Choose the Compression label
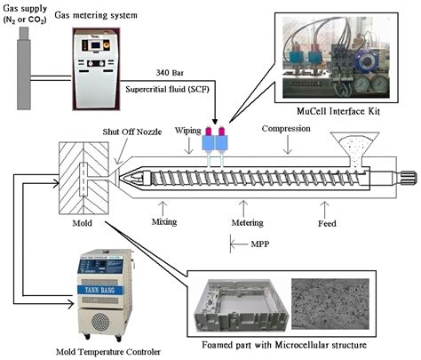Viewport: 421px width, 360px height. [286, 130]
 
